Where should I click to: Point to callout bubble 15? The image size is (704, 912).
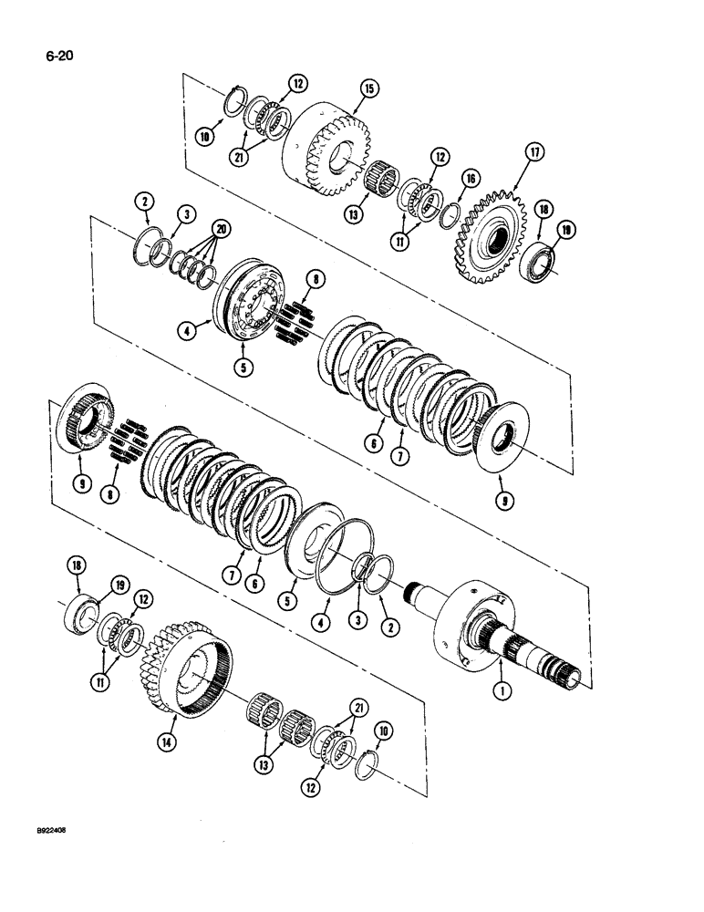coord(368,90)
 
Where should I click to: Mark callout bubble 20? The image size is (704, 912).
coord(218,226)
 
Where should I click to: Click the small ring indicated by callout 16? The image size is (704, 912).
coord(450,217)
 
